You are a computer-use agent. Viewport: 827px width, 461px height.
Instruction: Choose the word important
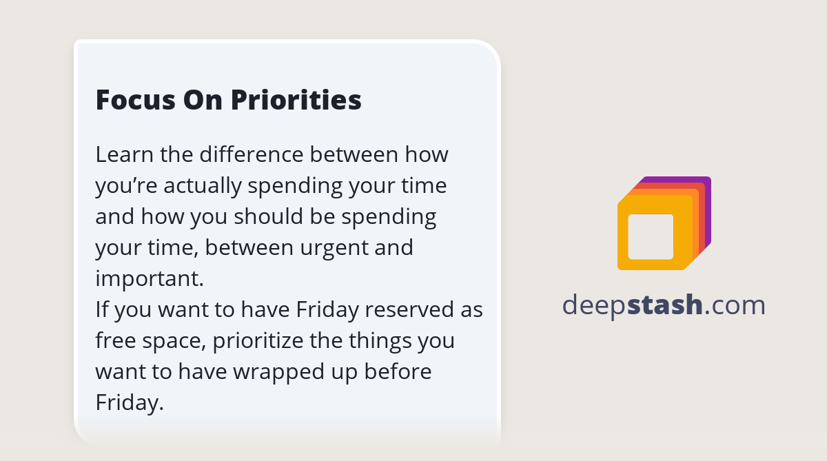click(149, 278)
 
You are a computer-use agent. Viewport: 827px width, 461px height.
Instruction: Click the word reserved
click(409, 309)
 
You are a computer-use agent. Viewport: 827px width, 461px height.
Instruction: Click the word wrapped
click(274, 371)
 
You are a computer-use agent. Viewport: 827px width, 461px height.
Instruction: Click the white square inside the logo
click(651, 236)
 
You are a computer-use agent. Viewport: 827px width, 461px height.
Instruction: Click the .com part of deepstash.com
click(735, 305)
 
